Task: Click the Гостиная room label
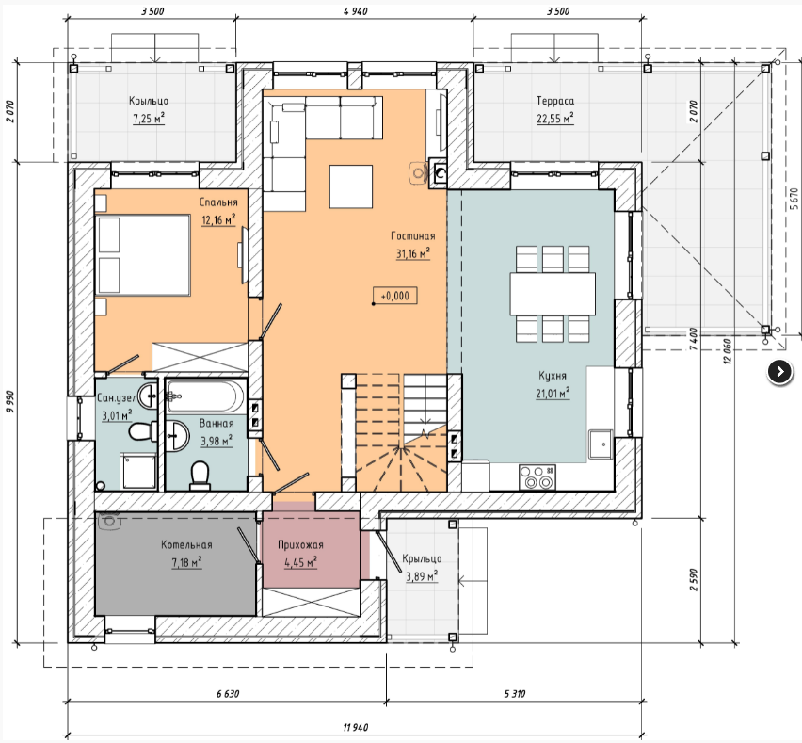tap(412, 236)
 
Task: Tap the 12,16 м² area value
tap(218, 220)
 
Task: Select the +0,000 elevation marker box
tap(394, 296)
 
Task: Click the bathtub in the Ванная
tap(205, 396)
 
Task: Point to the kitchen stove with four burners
tap(537, 476)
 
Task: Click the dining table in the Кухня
tap(553, 294)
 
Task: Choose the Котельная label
tap(186, 545)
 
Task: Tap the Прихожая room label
tap(300, 545)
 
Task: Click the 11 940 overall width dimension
tap(356, 727)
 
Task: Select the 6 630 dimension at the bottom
tap(228, 694)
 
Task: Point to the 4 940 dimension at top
tap(356, 11)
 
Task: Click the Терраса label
tap(555, 101)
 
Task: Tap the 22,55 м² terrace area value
tap(555, 119)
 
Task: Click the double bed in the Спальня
tap(143, 255)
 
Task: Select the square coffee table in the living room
tap(351, 186)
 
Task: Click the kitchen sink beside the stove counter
tap(600, 444)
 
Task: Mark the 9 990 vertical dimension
tap(11, 404)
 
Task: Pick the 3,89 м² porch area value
tap(422, 576)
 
